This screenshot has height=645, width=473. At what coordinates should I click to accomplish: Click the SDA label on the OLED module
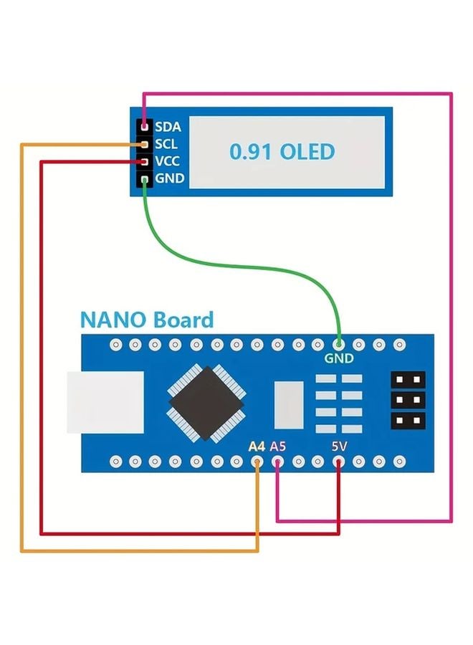point(168,126)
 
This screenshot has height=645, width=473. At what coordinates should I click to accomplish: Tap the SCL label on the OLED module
point(166,143)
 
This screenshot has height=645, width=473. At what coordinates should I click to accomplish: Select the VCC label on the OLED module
point(168,161)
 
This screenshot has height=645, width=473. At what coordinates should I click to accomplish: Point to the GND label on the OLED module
point(169,178)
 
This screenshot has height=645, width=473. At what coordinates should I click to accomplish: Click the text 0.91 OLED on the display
point(282,152)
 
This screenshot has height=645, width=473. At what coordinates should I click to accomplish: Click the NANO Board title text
point(146,320)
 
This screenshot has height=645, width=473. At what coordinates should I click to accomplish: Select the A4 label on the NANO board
point(257,446)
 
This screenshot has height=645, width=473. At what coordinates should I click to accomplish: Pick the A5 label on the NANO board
point(278,446)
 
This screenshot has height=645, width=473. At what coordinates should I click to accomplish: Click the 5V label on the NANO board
point(339,446)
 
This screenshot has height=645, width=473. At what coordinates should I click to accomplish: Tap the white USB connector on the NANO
point(89,402)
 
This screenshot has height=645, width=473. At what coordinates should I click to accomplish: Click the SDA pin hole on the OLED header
point(145,126)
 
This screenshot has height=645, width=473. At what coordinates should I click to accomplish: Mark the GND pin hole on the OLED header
point(145,178)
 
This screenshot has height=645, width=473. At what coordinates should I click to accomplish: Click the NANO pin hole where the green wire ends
point(338,345)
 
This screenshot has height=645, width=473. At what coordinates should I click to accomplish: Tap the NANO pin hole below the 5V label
point(339,460)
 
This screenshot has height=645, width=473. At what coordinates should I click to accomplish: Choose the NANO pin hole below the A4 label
point(257,460)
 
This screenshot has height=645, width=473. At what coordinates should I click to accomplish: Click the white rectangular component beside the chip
point(290,401)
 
